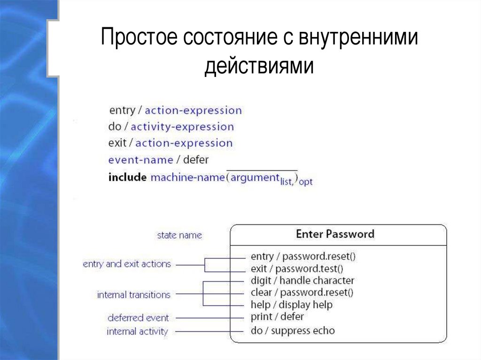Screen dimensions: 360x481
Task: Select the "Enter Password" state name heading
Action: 335,234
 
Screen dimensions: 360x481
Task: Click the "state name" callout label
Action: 179,235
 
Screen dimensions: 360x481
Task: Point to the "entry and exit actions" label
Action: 126,264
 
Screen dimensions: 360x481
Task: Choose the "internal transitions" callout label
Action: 133,295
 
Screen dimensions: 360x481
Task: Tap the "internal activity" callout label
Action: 137,332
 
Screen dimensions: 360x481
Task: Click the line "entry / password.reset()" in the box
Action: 303,257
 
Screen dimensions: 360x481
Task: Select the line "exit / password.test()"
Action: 297,269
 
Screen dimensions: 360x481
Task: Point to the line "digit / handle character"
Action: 302,281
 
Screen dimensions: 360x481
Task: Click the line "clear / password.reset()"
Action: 302,293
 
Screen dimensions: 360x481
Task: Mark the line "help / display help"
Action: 291,305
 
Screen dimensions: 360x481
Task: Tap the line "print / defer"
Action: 277,317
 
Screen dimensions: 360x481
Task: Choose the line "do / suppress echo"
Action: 293,331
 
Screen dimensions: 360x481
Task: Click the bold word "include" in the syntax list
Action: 127,178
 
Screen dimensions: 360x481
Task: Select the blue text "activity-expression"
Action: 182,127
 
